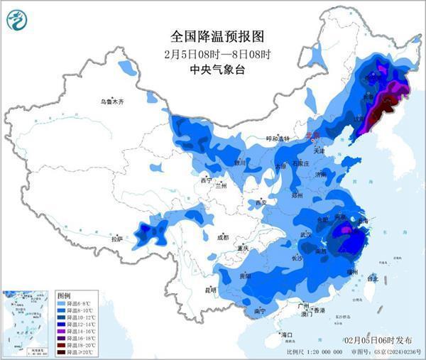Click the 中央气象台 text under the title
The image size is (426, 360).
point(208,70)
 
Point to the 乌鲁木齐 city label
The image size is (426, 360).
point(111,102)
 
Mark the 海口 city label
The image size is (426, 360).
point(286,334)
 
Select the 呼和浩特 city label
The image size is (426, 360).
point(278,138)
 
